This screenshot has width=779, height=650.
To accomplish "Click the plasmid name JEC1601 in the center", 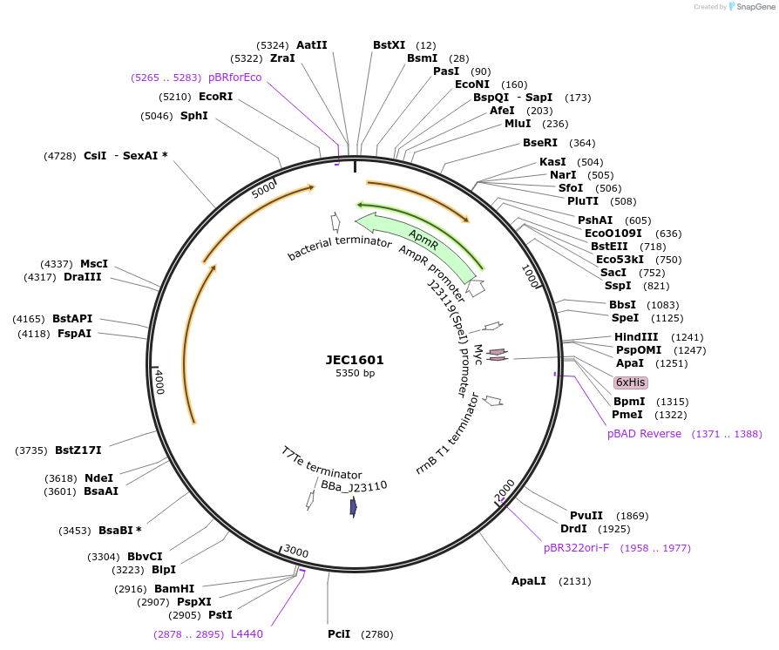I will [355, 359].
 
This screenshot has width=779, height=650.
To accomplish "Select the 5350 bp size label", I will [355, 374].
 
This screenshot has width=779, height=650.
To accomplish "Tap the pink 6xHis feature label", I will [631, 383].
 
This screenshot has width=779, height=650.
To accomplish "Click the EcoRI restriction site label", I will [215, 97].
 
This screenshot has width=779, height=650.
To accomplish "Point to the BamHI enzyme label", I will [174, 589].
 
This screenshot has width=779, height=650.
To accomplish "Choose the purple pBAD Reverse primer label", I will [644, 434].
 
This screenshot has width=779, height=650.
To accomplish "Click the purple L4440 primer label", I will [247, 634].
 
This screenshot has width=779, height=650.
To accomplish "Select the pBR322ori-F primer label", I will [576, 548].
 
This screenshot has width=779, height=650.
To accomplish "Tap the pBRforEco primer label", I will [234, 78].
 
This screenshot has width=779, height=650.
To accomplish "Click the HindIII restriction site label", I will [636, 337].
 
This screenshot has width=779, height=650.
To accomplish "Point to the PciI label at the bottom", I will [339, 634].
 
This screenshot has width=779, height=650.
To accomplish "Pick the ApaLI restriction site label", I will [529, 581].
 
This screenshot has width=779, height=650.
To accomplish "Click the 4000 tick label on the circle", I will [159, 382].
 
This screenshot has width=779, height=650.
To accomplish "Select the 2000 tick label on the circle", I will [505, 490].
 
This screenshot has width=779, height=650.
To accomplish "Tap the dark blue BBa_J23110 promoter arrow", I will [353, 507].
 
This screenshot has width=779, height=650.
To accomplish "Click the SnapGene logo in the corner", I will [750, 7].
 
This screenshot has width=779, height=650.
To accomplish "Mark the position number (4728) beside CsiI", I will [59, 156].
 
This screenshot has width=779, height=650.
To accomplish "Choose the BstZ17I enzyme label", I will [78, 450].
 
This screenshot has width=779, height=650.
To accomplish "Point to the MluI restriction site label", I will [518, 124].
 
